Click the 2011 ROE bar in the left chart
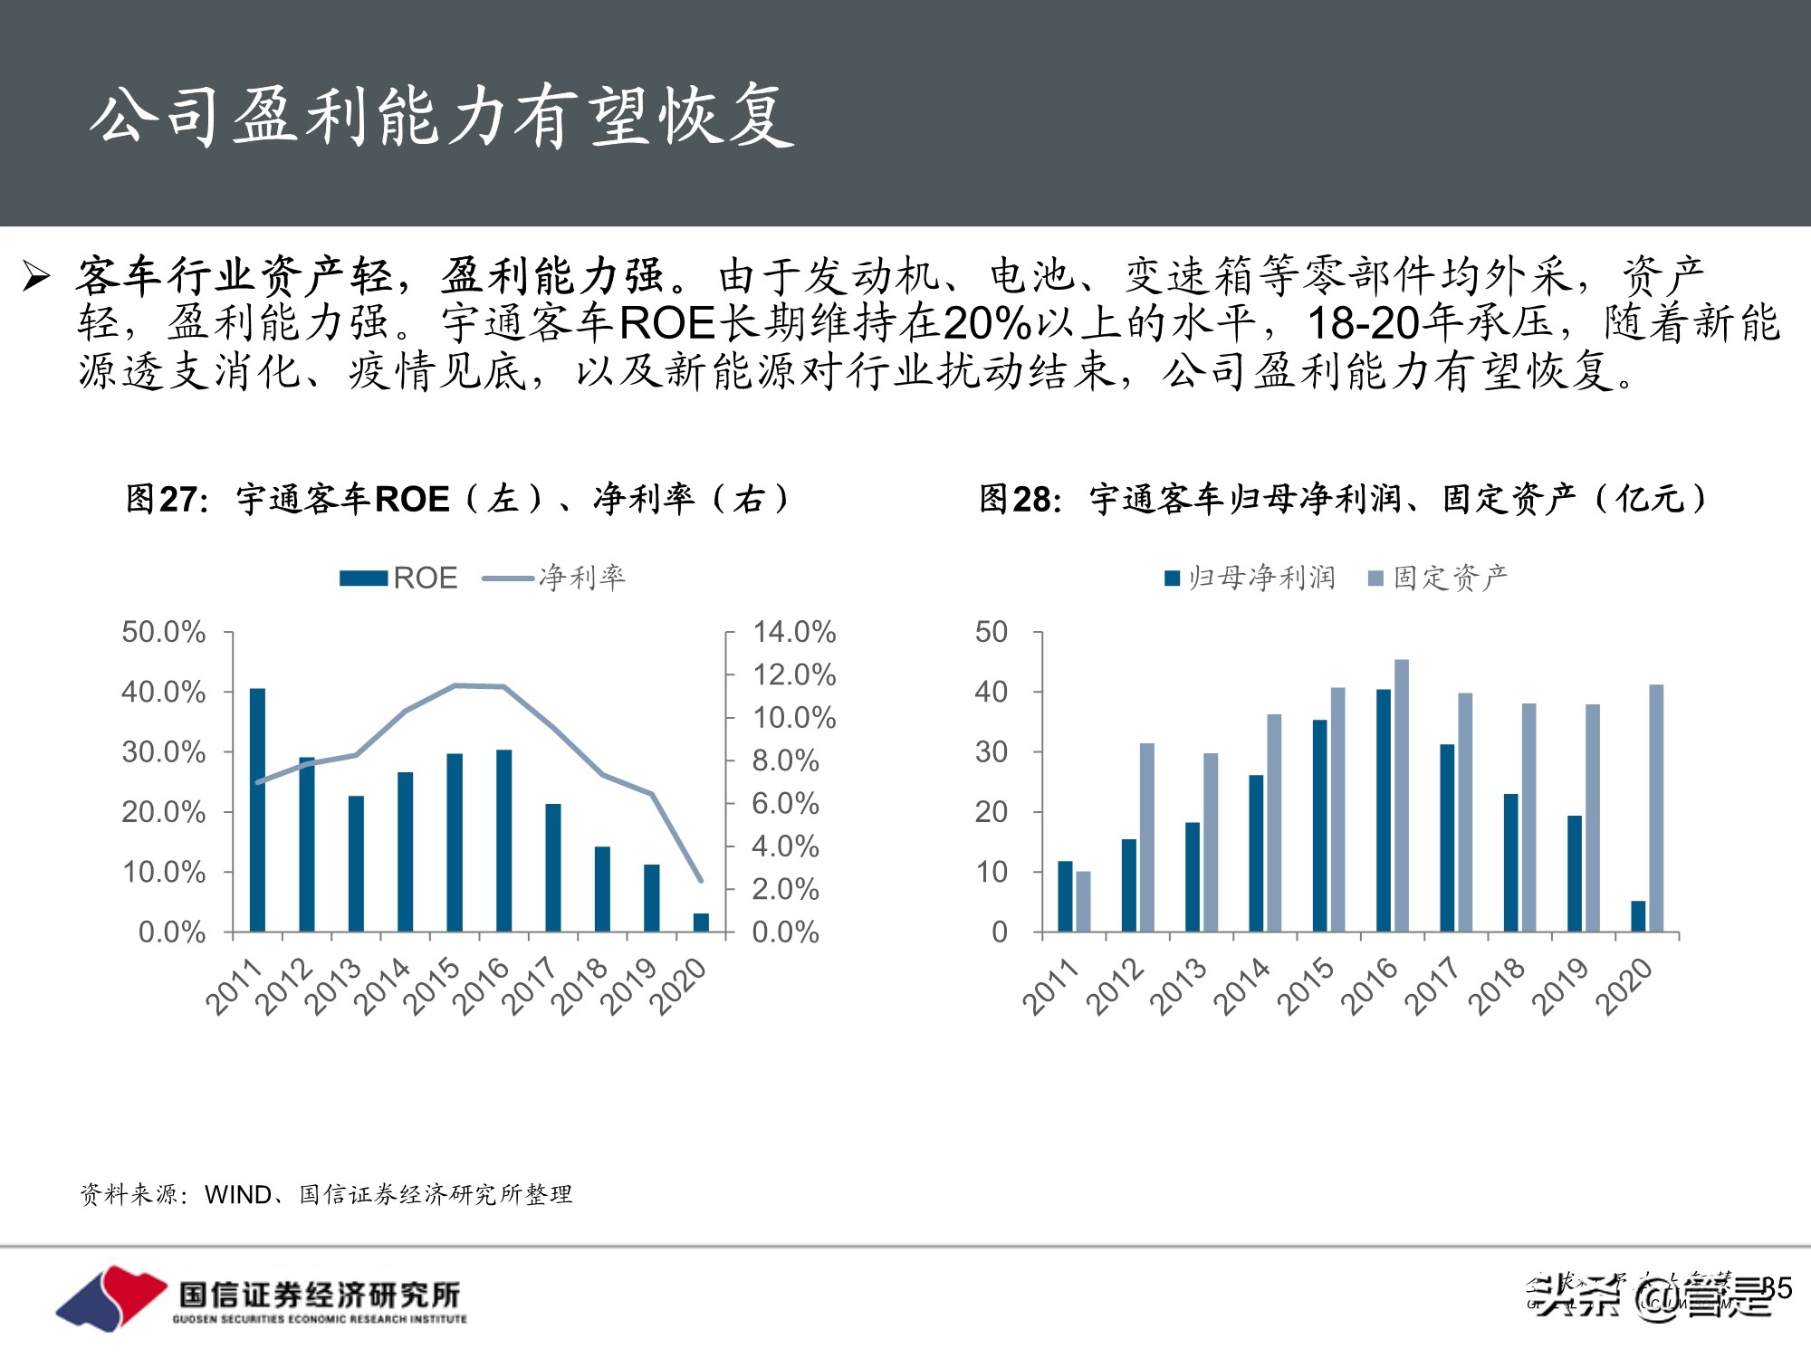click(x=257, y=809)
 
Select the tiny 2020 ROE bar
click(x=701, y=923)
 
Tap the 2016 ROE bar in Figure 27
click(x=504, y=840)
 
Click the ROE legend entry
click(x=398, y=578)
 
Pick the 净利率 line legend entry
click(x=554, y=578)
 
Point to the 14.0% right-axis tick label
click(x=793, y=632)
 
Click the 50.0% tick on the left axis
click(x=163, y=632)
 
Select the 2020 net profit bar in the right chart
click(x=1638, y=916)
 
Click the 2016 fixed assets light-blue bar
click(x=1402, y=795)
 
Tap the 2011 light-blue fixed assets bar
click(x=1083, y=902)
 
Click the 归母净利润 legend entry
click(x=1250, y=578)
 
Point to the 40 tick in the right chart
click(x=991, y=693)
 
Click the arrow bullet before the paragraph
click(x=36, y=276)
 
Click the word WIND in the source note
click(x=237, y=1195)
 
